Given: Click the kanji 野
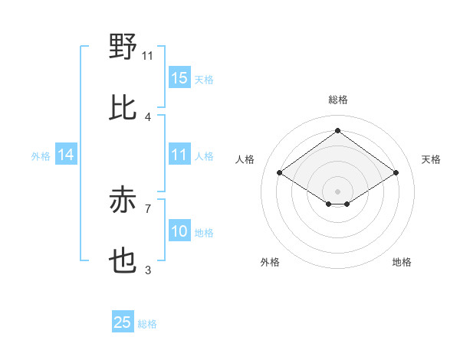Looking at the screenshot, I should (x=123, y=47).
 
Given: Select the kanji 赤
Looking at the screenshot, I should (x=123, y=201).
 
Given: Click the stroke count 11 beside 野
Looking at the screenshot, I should (x=148, y=55).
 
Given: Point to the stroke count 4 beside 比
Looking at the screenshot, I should (x=148, y=117).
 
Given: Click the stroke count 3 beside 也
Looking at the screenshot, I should (x=148, y=270).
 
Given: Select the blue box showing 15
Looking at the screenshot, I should (x=179, y=78).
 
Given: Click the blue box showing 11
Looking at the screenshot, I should (x=179, y=155).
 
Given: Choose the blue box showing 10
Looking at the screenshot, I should (x=179, y=232).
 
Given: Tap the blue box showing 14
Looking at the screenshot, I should (x=66, y=155).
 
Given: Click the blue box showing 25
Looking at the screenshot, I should (x=123, y=323).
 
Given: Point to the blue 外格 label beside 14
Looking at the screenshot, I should (x=41, y=156).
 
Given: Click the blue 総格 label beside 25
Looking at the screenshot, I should (x=147, y=324).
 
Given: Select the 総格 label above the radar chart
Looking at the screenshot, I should (x=337, y=100).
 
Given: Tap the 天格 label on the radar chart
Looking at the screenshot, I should (x=431, y=159).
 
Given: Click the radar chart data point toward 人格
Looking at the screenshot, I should (x=280, y=173).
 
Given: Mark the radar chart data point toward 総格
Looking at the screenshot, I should (x=337, y=130).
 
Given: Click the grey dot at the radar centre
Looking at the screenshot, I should (x=337, y=190).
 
